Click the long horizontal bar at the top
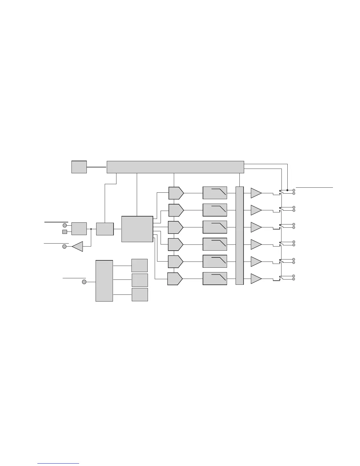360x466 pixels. pos(175,167)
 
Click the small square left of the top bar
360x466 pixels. pos(79,167)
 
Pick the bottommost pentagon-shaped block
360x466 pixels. pos(175,279)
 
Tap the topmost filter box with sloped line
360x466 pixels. pos(215,193)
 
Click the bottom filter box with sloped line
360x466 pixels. pos(215,279)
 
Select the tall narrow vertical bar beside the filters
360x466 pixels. pos(240,236)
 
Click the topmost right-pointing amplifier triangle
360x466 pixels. pos(255,193)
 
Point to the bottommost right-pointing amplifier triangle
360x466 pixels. pos(255,279)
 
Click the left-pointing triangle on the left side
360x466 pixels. pos(78,247)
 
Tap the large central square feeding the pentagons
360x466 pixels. pos(137,229)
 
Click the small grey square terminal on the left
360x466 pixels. pos(65,232)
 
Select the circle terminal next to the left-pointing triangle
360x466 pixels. pos(64,247)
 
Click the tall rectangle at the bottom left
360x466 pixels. pos(104,281)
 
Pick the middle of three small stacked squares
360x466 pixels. pos(140,280)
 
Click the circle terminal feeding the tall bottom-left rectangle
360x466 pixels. pos(84,282)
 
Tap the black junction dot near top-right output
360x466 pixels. pos(287,190)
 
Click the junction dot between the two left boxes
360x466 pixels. pos(91,229)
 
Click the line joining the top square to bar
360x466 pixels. pos(96,167)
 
